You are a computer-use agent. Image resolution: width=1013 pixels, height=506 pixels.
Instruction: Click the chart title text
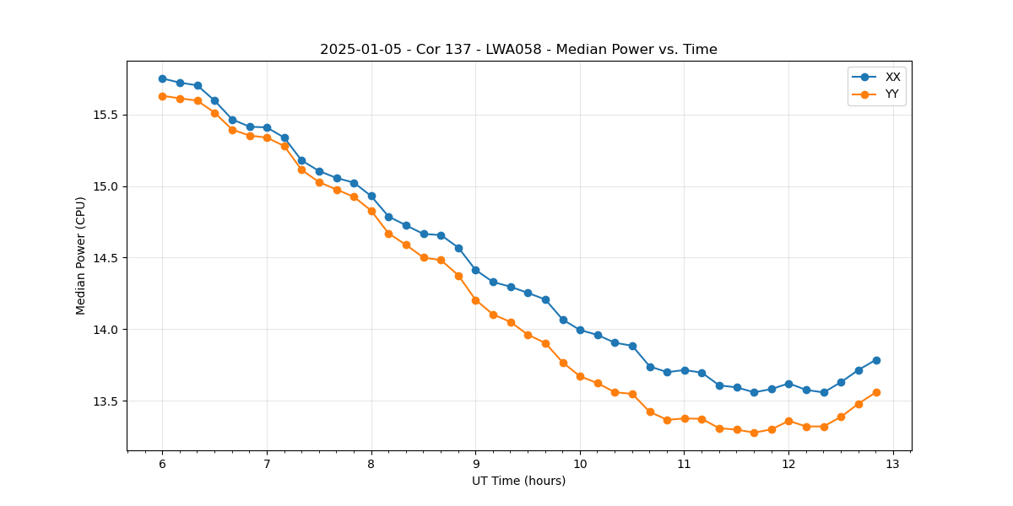pos(518,50)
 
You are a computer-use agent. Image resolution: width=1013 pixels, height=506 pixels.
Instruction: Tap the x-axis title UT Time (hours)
pos(518,481)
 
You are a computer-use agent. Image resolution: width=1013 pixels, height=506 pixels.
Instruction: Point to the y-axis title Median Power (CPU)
pos(81,256)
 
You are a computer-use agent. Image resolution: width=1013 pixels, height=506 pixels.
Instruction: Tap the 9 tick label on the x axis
pos(475,465)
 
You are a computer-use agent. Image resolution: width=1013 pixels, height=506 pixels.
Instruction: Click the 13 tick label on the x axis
pos(893,465)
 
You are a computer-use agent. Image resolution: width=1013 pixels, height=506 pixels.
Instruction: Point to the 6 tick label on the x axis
pos(162,465)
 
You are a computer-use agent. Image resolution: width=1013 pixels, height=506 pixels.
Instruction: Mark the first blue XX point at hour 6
pos(162,78)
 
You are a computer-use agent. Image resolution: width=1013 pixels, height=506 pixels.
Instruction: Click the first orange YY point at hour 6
pos(162,96)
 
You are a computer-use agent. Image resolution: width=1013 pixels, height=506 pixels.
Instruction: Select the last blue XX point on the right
pos(876,360)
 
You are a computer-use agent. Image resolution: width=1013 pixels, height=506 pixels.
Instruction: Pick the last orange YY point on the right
pos(876,392)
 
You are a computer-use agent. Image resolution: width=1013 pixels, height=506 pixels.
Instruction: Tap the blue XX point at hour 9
pos(475,270)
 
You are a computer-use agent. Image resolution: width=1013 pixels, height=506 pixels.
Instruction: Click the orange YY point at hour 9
pos(475,300)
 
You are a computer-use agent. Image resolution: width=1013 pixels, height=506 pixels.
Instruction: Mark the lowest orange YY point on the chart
pos(754,433)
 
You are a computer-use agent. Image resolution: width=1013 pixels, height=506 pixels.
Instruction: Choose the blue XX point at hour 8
pos(371,196)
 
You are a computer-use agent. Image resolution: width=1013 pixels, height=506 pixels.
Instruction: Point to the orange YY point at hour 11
pos(685,418)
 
